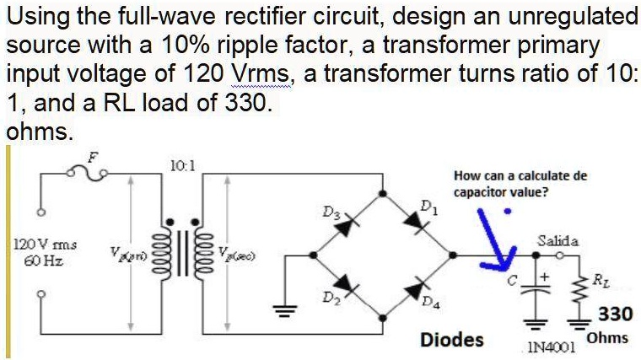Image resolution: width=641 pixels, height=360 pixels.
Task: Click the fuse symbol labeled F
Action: tap(91, 173)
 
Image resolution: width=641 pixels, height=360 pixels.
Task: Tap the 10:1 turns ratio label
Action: tap(183, 165)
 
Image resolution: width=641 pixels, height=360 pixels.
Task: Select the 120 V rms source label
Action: tap(44, 244)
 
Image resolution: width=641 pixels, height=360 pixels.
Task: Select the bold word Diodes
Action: tap(452, 339)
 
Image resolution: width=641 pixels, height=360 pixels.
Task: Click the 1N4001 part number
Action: tap(550, 347)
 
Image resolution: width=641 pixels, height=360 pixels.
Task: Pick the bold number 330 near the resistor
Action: tap(615, 314)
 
